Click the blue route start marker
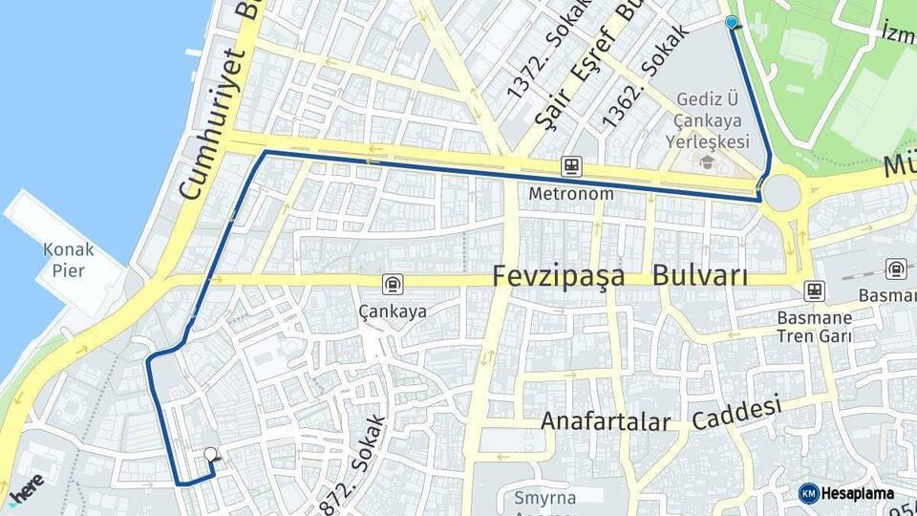coord(732,21)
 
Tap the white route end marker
coord(210,455)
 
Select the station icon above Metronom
coord(571,166)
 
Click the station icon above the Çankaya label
coord(393,284)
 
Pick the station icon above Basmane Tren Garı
coord(814,290)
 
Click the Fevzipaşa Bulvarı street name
coord(620,277)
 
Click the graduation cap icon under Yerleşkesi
coord(707,162)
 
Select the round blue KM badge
coord(808,493)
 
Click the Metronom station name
coord(570,194)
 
